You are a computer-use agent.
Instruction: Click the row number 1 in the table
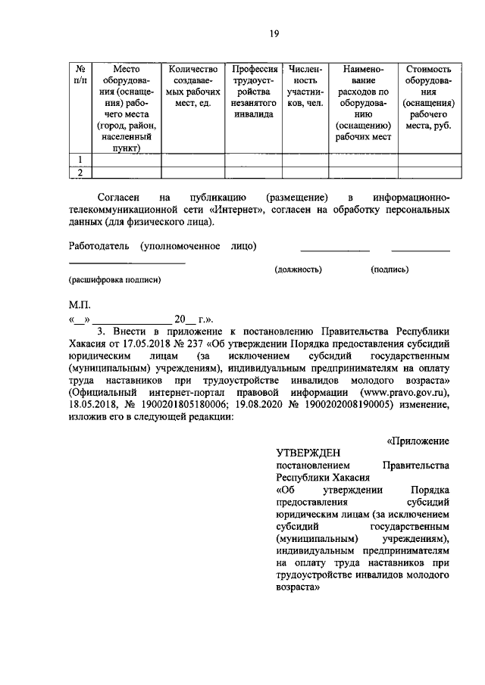click(80, 158)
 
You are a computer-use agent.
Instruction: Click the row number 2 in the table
click(80, 173)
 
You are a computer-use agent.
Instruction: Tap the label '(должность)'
click(298, 269)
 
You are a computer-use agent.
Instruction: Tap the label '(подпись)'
click(390, 269)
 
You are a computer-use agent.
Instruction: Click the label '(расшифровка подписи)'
click(114, 279)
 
